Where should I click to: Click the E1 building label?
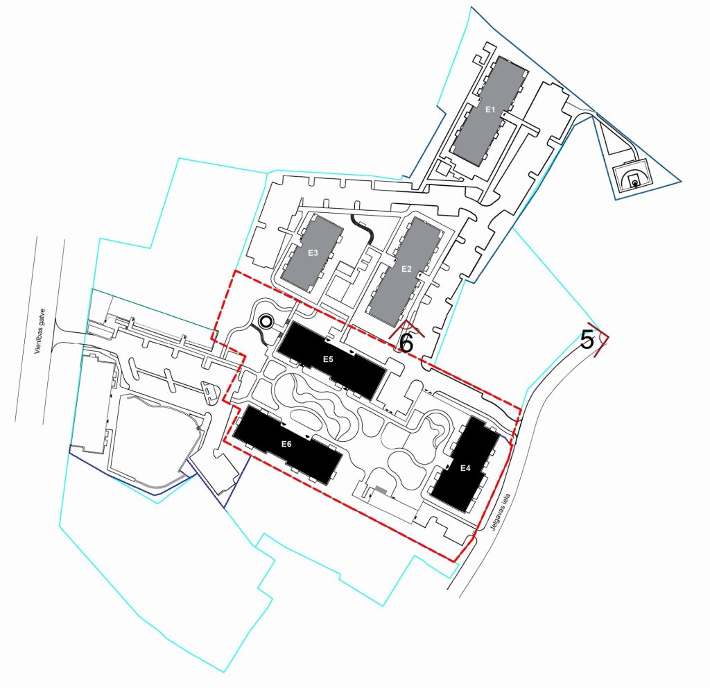(490, 110)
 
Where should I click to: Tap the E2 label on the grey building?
(407, 268)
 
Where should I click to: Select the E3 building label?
(313, 253)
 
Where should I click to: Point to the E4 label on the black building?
(466, 468)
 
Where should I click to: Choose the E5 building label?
(329, 359)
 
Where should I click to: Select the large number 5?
(587, 340)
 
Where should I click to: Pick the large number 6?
(407, 341)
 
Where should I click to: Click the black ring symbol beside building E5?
(266, 321)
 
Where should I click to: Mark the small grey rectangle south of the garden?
(381, 491)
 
